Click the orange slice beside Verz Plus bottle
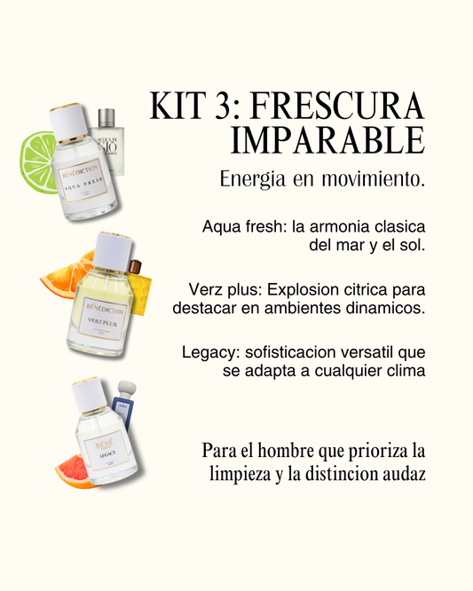(64, 277)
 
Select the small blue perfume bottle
(124, 414)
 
